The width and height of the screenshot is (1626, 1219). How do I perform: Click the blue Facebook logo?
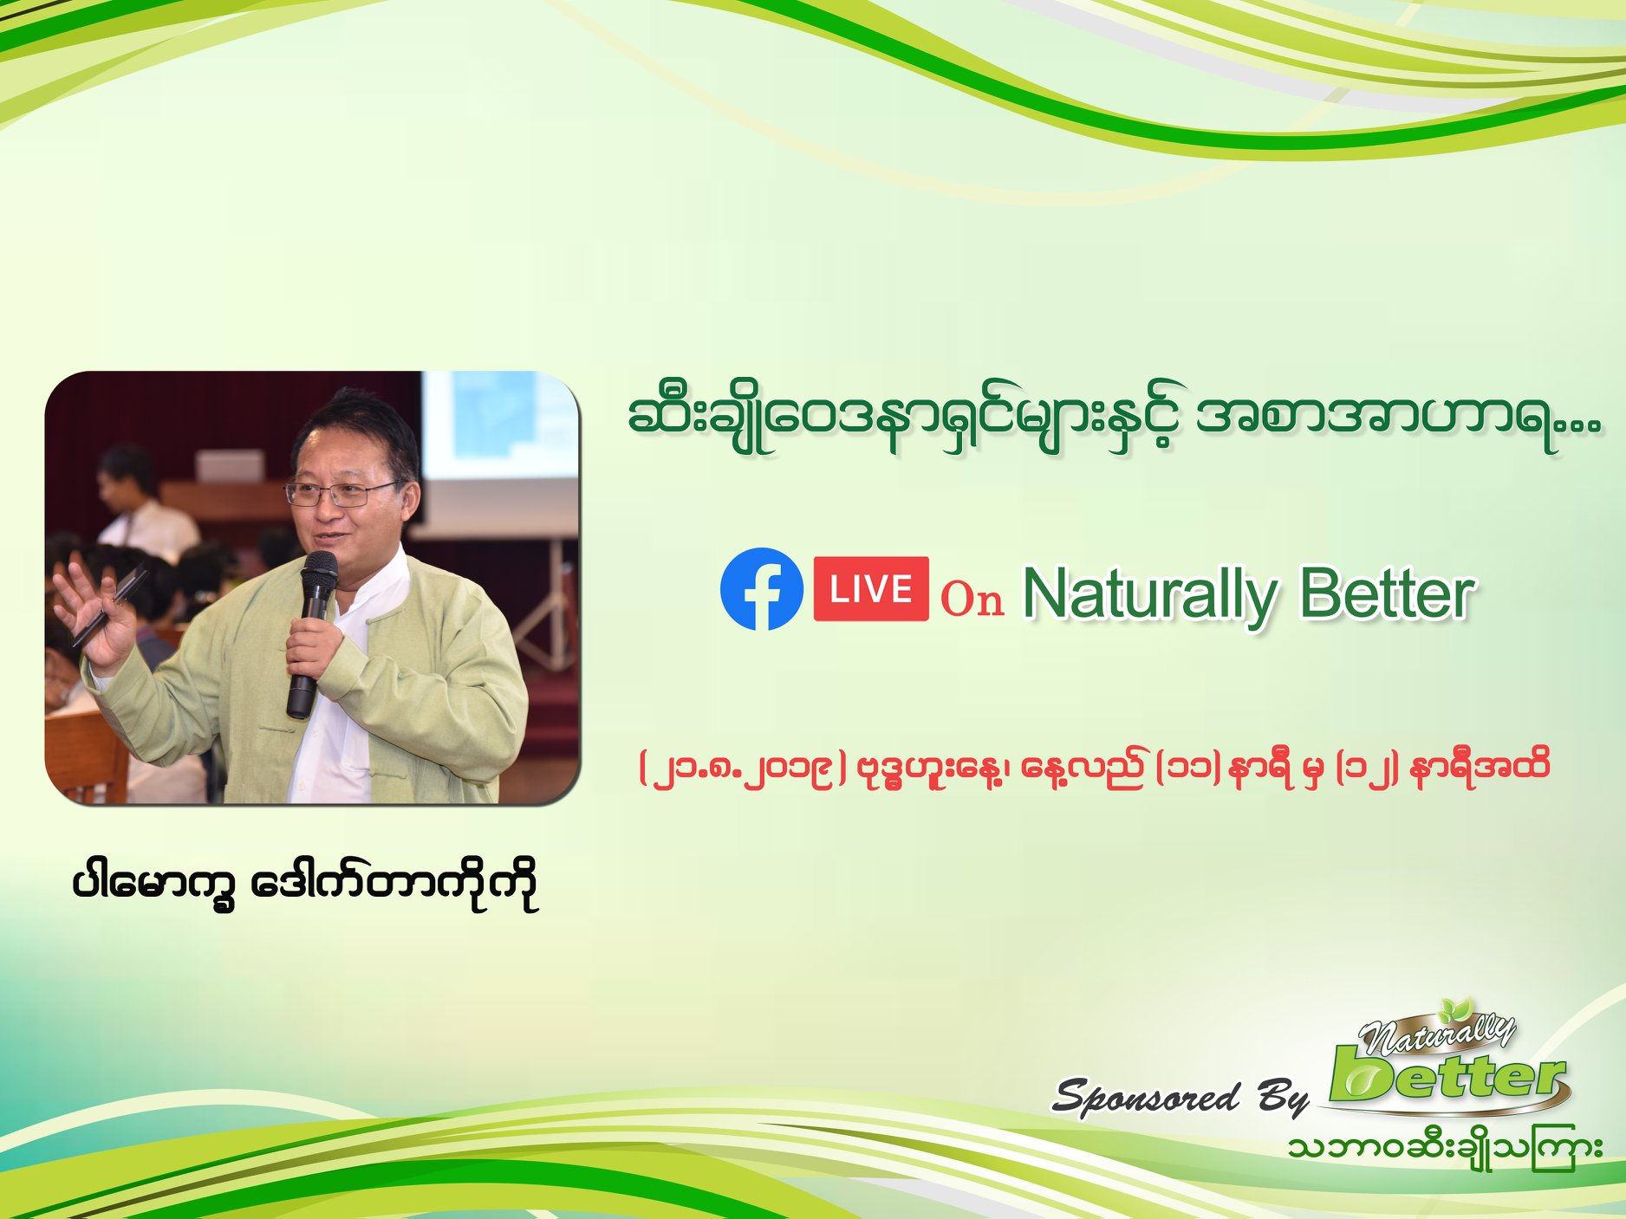pos(762,588)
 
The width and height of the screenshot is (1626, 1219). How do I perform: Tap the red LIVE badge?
pos(870,589)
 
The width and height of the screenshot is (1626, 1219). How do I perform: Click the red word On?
pos(972,599)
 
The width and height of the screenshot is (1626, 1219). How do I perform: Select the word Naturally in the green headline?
pos(1150,595)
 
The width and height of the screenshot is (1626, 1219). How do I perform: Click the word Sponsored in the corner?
pos(1146,1097)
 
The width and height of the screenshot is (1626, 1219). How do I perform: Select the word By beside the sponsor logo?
pos(1284,1097)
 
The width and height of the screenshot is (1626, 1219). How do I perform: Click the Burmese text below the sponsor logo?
pos(1445,1149)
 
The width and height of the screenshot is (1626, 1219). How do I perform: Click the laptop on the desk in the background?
pos(230,465)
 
